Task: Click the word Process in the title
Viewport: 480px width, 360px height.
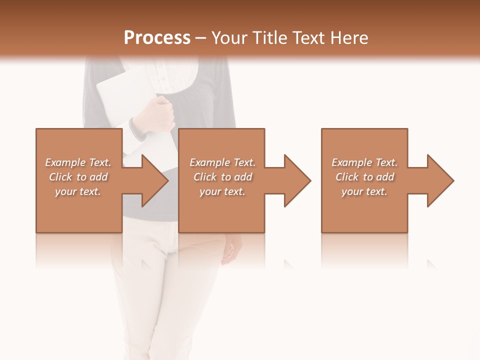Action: [157, 38]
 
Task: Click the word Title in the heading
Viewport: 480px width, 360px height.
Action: [270, 38]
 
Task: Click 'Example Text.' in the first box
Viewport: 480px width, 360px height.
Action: [78, 162]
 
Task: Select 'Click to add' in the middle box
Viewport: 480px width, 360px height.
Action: [222, 177]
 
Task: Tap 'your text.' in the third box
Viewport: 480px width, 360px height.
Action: [364, 191]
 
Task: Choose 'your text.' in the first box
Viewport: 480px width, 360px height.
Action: [78, 191]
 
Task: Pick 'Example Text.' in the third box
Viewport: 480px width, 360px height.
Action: [364, 162]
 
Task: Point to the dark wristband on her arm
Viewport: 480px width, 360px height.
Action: [136, 129]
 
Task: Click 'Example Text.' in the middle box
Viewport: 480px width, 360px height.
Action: [222, 162]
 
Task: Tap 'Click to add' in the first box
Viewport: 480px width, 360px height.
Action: [78, 177]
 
